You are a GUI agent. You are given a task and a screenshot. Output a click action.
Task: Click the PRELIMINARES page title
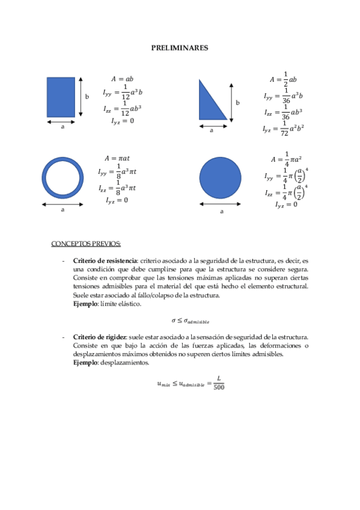coord(179,48)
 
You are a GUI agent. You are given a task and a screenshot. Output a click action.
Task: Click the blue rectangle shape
coord(61,97)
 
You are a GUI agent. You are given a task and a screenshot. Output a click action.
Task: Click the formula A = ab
coord(122,79)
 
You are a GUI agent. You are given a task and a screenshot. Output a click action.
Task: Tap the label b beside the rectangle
coord(87,96)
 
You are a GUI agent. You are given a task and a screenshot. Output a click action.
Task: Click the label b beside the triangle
coord(237,103)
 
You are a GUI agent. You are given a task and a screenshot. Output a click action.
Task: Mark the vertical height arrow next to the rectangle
coord(81,97)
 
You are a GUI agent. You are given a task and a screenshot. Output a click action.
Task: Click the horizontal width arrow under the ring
coord(63,204)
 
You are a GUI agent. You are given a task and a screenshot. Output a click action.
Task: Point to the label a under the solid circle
coord(221,212)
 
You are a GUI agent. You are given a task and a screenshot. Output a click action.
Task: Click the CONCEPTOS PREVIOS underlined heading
coord(86,244)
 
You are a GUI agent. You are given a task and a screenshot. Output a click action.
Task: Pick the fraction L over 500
coord(219,382)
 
